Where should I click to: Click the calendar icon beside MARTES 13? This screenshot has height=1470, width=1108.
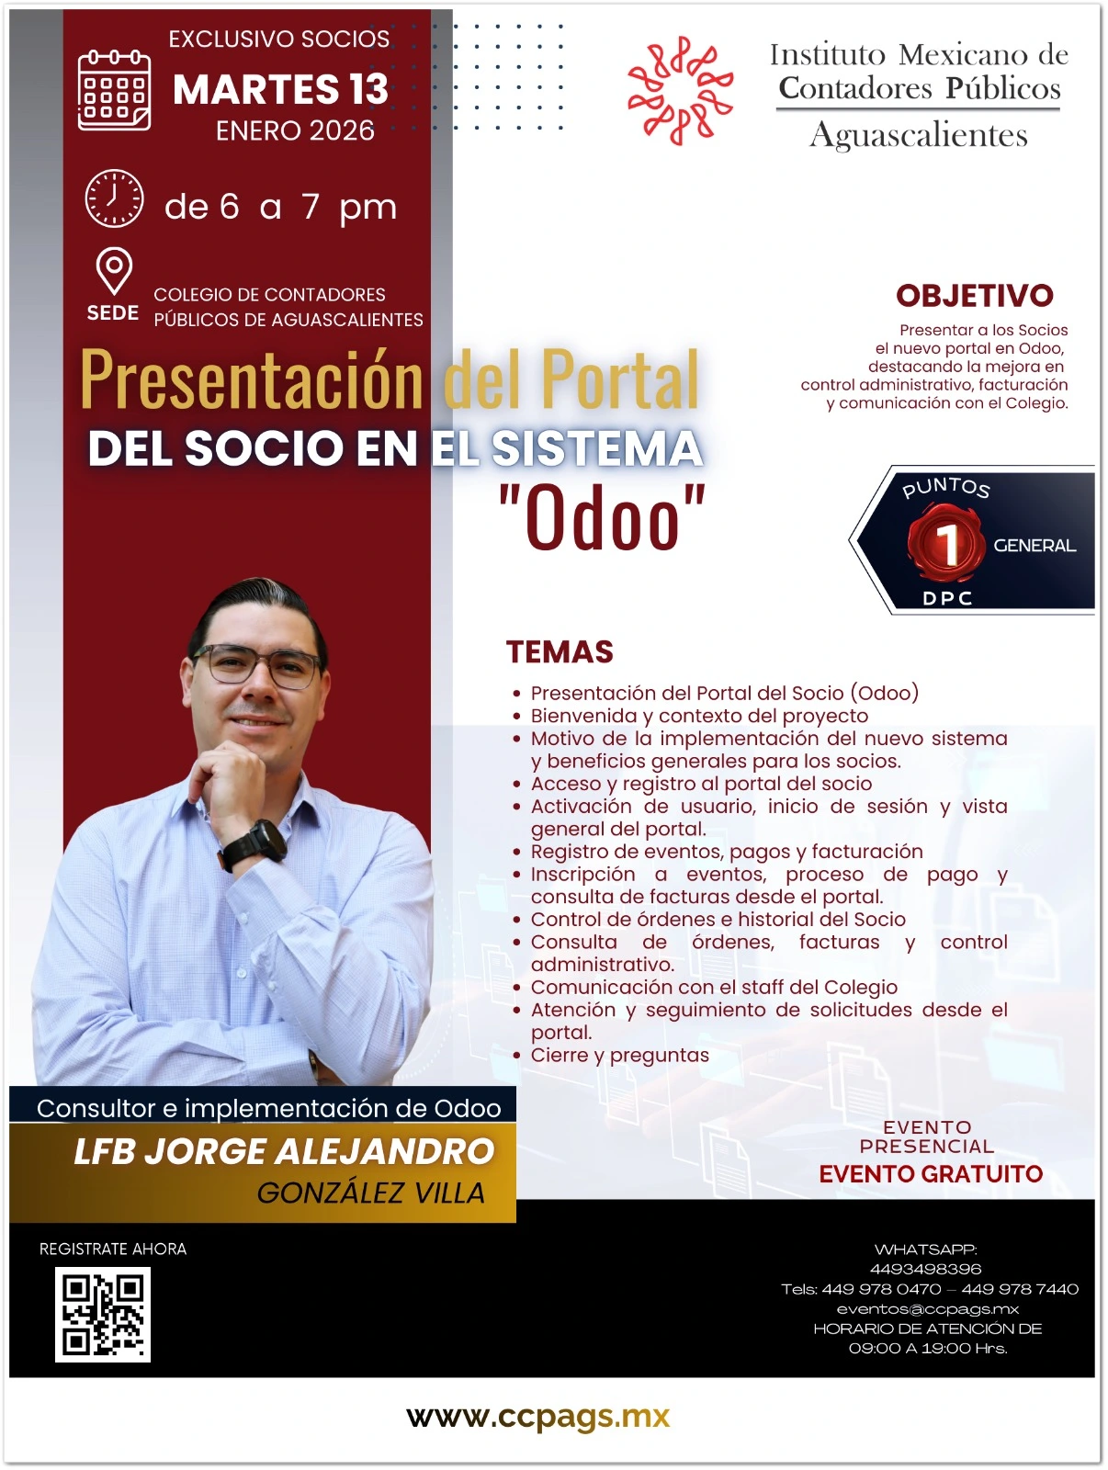pos(114,90)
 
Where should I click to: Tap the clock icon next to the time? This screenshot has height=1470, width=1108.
pos(114,198)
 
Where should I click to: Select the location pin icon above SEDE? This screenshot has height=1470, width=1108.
pos(114,270)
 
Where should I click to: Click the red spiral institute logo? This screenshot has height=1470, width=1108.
pos(680,90)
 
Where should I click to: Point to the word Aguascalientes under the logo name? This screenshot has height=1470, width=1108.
pos(919,135)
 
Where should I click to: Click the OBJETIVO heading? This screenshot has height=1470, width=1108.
pos(975,295)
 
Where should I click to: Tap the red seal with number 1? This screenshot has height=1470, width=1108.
pos(946,542)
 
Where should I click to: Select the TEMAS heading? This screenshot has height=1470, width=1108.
pos(560,651)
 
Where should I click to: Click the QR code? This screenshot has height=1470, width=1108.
pos(102,1315)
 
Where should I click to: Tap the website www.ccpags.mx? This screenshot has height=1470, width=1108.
pos(538,1417)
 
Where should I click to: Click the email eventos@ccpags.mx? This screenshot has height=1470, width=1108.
pos(928,1309)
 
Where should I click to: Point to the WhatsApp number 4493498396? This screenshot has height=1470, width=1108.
pos(926,1269)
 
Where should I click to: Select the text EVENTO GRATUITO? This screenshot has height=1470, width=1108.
pos(931,1174)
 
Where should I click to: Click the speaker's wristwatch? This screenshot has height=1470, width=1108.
pos(254,845)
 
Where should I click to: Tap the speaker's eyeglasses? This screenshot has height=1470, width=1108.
pos(257,666)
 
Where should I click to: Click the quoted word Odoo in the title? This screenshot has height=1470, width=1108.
pos(602,517)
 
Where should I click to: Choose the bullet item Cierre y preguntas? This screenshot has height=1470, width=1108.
pos(619,1056)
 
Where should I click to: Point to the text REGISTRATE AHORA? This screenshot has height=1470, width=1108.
pos(113,1249)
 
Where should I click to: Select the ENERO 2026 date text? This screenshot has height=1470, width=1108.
pos(295,130)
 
